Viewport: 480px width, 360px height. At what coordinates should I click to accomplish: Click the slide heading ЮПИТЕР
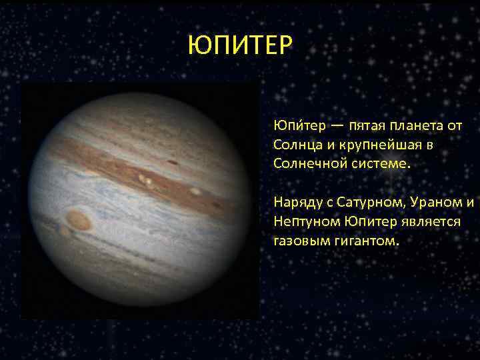pos(239,45)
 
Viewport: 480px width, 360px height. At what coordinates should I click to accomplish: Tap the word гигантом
pos(362,240)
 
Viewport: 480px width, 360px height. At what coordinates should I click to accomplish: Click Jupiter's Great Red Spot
pos(79,220)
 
